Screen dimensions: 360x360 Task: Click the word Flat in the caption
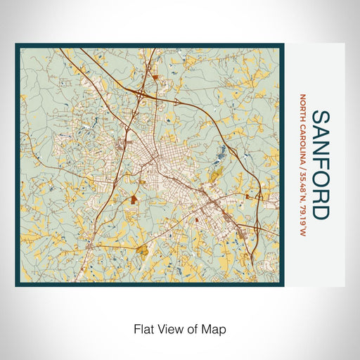[139, 328]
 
